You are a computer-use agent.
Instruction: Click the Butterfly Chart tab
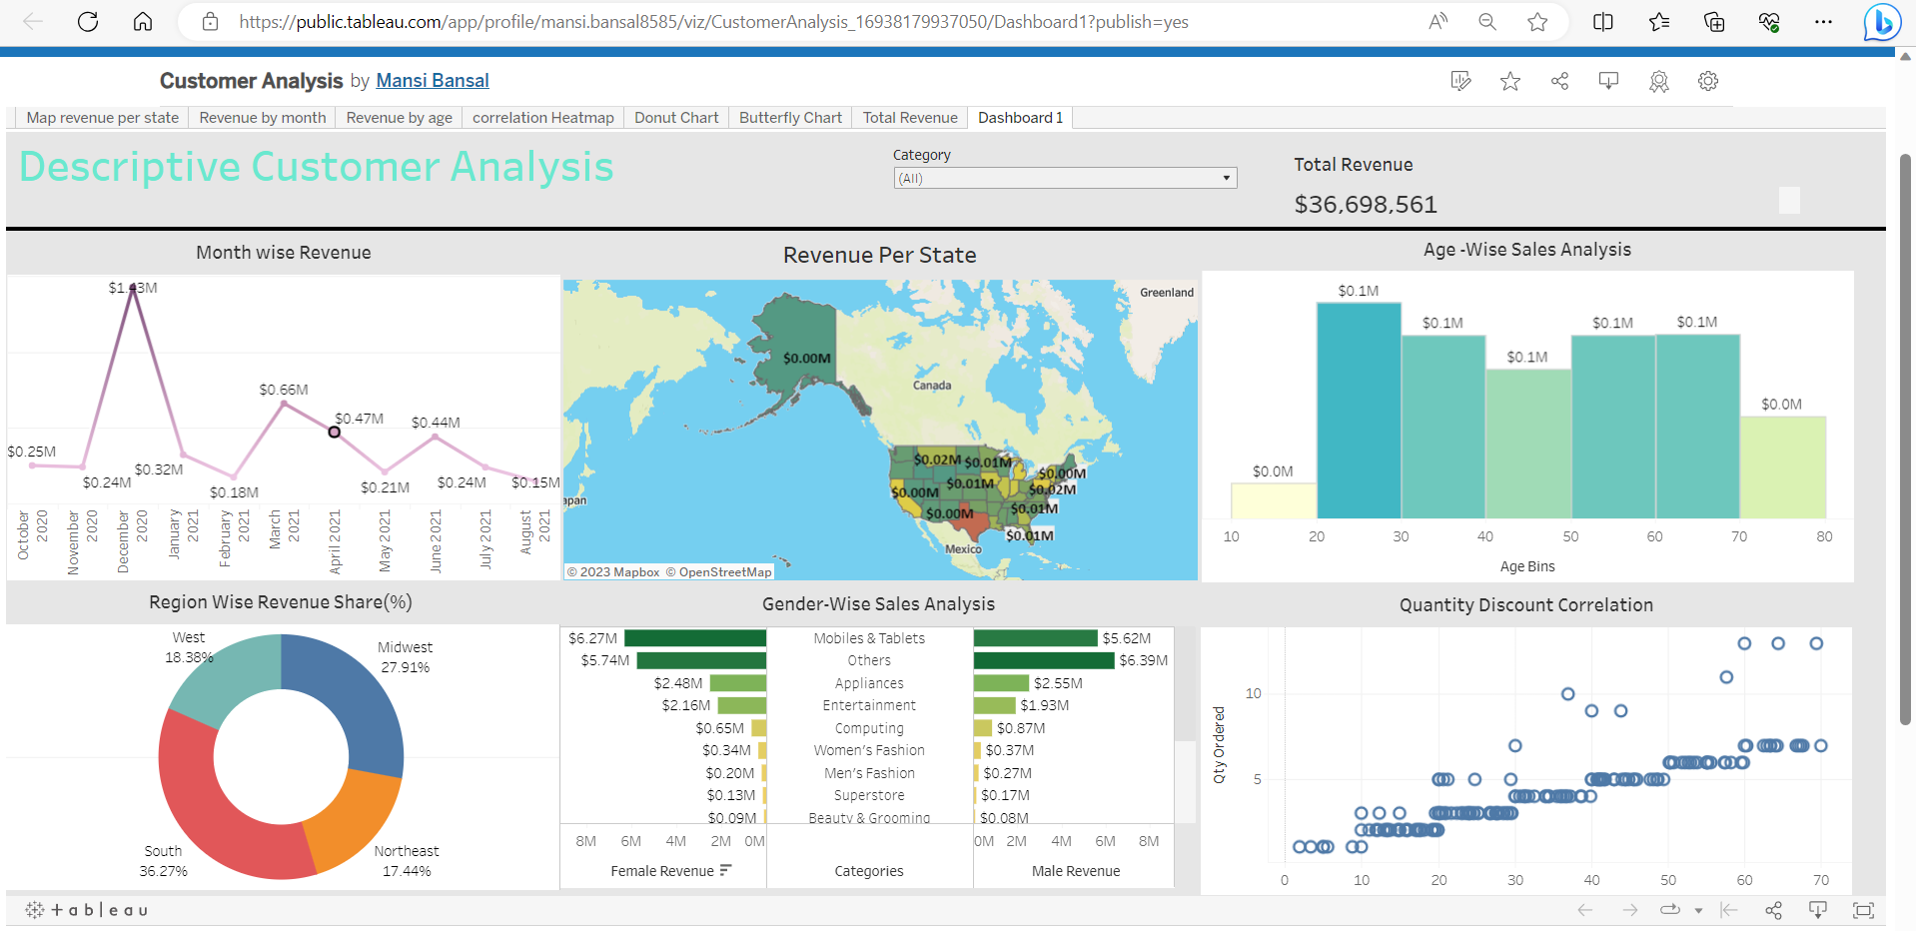pyautogui.click(x=789, y=118)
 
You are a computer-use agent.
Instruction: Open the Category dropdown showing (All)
pyautogui.click(x=1064, y=178)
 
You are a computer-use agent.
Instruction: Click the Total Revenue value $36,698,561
pyautogui.click(x=1365, y=205)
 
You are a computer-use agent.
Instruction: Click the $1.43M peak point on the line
pyautogui.click(x=133, y=289)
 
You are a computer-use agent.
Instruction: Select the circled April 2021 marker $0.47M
pyautogui.click(x=334, y=432)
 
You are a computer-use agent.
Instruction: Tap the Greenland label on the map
pyautogui.click(x=1166, y=293)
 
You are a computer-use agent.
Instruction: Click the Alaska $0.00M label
pyautogui.click(x=806, y=359)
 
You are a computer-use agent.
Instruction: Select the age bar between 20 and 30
pyautogui.click(x=1359, y=410)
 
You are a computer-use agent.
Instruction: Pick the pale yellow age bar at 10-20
pyautogui.click(x=1273, y=500)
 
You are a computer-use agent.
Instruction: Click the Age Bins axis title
pyautogui.click(x=1526, y=566)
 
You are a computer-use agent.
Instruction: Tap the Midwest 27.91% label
pyautogui.click(x=405, y=657)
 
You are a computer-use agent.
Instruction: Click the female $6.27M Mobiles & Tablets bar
pyautogui.click(x=694, y=638)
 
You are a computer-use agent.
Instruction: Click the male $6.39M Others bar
pyautogui.click(x=1043, y=660)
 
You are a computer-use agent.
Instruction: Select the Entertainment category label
pyautogui.click(x=868, y=705)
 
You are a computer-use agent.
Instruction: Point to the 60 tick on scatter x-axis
pyautogui.click(x=1744, y=880)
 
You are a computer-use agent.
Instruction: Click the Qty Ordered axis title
pyautogui.click(x=1219, y=744)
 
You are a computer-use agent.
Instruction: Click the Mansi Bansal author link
pyautogui.click(x=432, y=81)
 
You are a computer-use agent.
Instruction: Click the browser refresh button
pyautogui.click(x=88, y=22)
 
